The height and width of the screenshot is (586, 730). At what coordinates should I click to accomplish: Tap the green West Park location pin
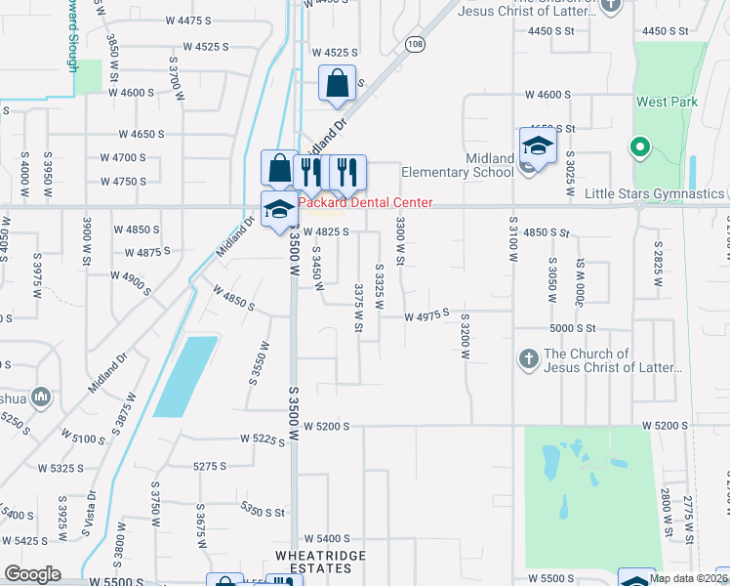(640, 148)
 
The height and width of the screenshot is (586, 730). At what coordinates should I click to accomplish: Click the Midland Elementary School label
(476, 166)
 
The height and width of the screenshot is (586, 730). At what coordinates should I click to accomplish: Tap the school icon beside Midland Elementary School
(537, 146)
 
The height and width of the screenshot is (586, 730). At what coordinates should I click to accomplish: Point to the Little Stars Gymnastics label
(654, 193)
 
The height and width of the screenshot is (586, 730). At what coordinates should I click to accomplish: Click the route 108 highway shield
(417, 44)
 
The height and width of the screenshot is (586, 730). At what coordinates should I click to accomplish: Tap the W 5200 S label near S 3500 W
(326, 426)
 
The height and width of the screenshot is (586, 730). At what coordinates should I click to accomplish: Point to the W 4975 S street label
(426, 314)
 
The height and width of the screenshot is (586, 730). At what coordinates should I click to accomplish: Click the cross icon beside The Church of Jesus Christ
(529, 359)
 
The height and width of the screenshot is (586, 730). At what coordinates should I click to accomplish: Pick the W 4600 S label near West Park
(547, 95)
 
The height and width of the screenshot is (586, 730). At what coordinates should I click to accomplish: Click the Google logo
(32, 574)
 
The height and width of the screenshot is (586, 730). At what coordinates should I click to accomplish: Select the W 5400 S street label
(326, 538)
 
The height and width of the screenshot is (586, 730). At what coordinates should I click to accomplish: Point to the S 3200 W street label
(466, 335)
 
